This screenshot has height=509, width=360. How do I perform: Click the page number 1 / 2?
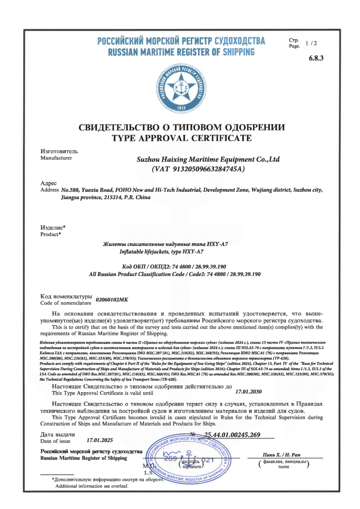pyautogui.click(x=311, y=43)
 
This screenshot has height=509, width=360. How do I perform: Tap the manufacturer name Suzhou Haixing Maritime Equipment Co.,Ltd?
pyautogui.click(x=208, y=159)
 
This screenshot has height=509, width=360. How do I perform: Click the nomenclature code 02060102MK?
pyautogui.click(x=112, y=299)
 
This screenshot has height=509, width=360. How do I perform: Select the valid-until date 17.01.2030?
pyautogui.click(x=249, y=392)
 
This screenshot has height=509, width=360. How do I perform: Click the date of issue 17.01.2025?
pyautogui.click(x=100, y=440)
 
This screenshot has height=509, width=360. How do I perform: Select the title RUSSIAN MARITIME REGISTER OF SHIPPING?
pyautogui.click(x=181, y=52)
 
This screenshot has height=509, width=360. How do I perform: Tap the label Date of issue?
pyautogui.click(x=56, y=441)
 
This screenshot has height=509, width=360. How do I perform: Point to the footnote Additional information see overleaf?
pyautogui.click(x=92, y=486)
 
